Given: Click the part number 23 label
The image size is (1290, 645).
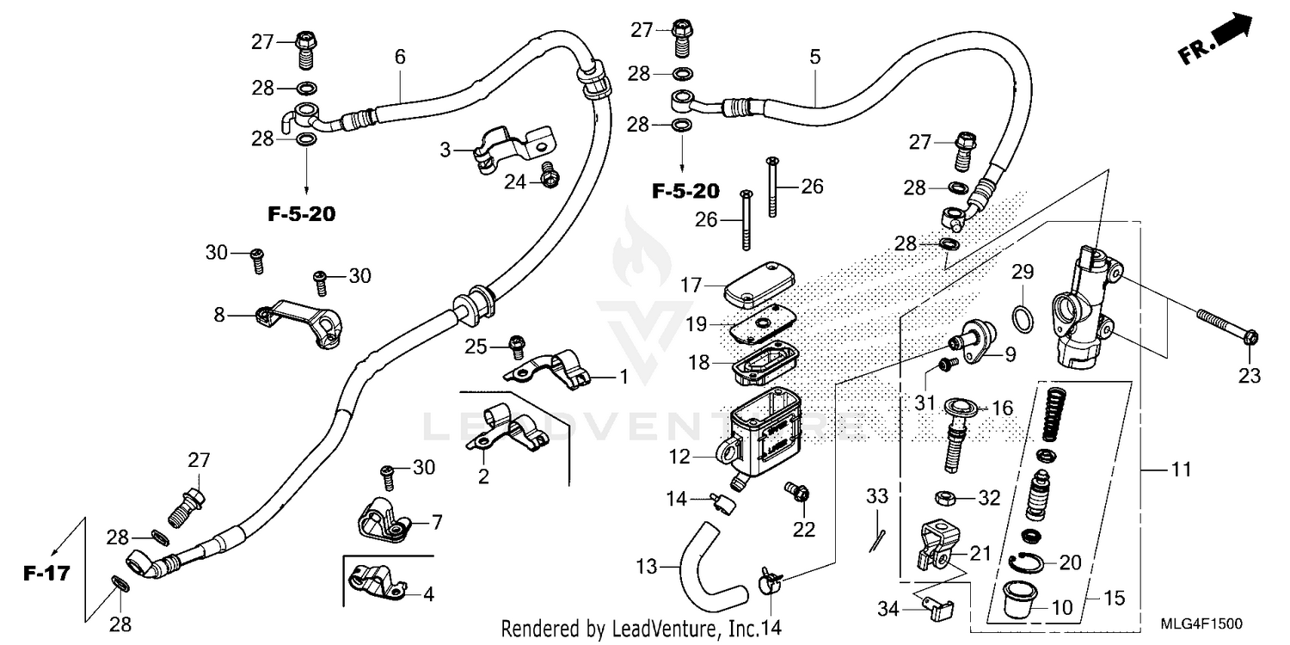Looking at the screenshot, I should [x=1249, y=376].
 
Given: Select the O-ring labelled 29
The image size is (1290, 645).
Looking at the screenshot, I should [x=1022, y=319].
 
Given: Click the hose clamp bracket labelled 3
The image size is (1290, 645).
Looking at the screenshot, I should [x=513, y=149].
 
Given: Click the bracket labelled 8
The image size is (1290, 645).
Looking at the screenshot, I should [x=301, y=324].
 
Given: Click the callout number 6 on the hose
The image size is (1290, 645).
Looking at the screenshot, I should [x=400, y=58].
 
